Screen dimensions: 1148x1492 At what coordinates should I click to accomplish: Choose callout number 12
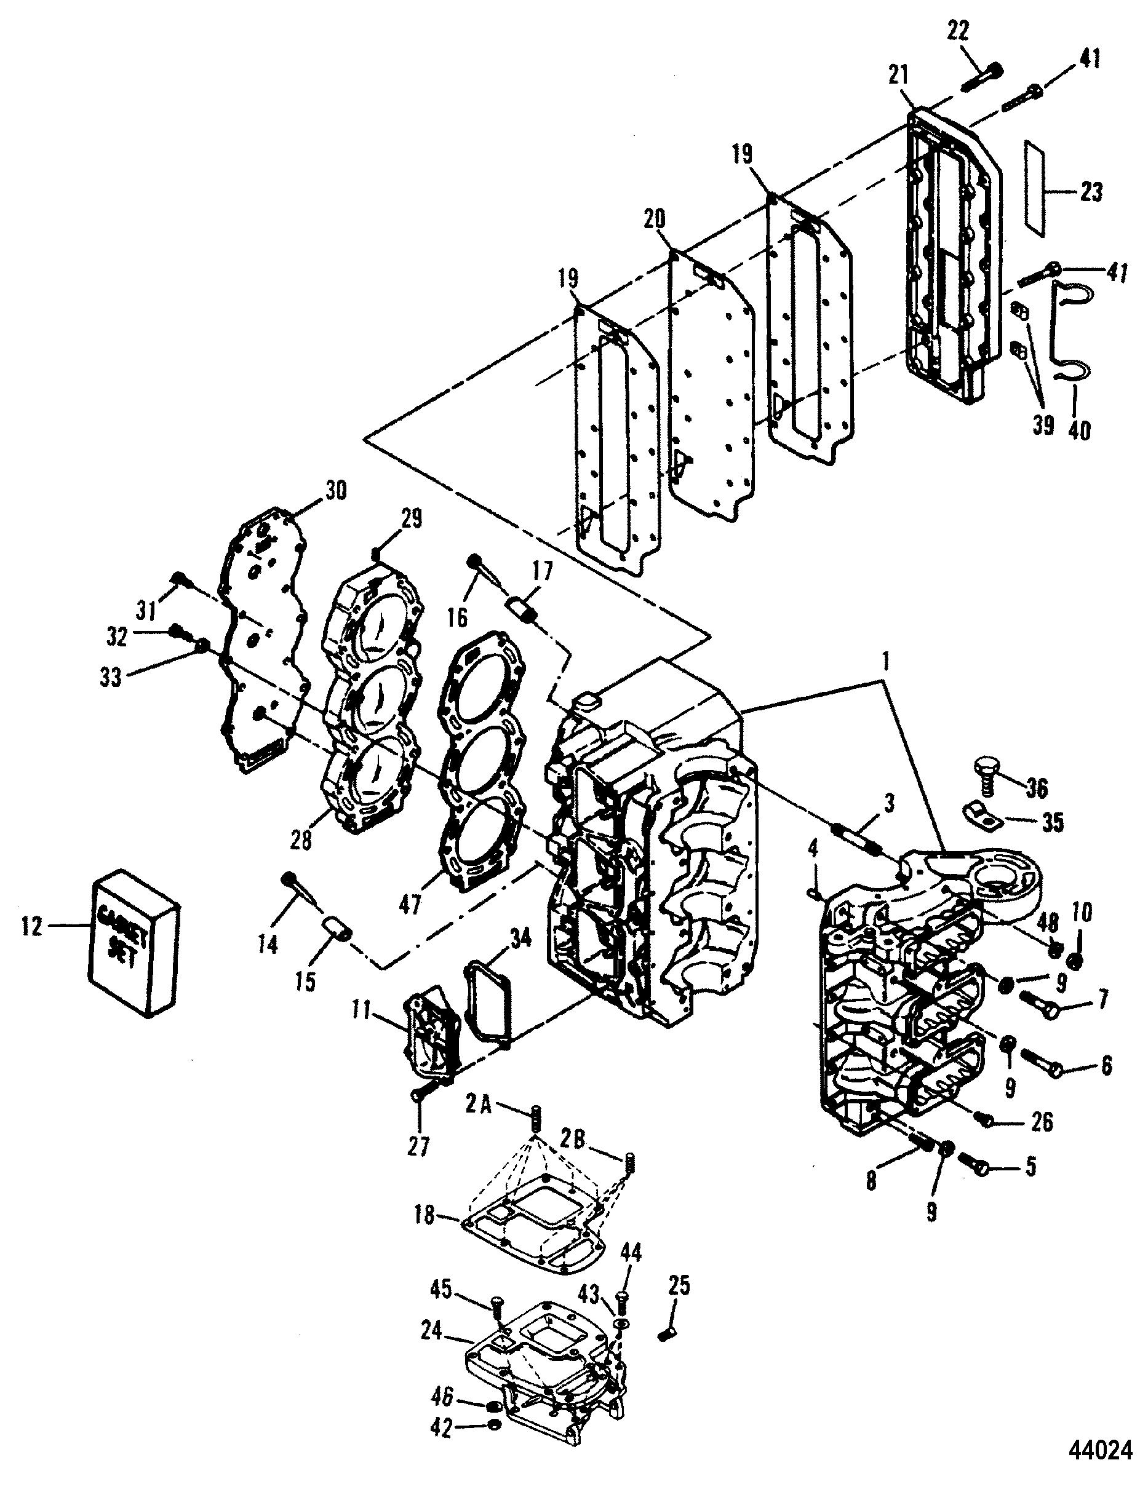pos(32,927)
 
